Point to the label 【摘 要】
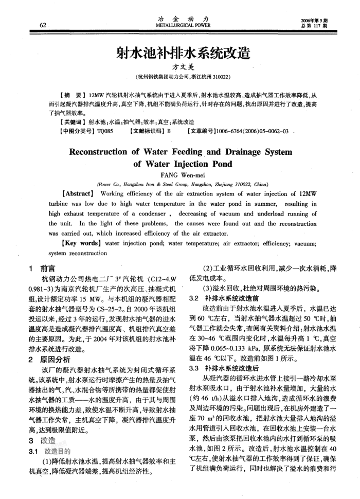pyautogui.click(x=73, y=96)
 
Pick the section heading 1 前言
pyautogui.click(x=43, y=269)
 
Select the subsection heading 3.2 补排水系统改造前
pyautogui.click(x=223, y=298)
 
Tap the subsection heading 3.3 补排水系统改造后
pyautogui.click(x=223, y=369)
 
